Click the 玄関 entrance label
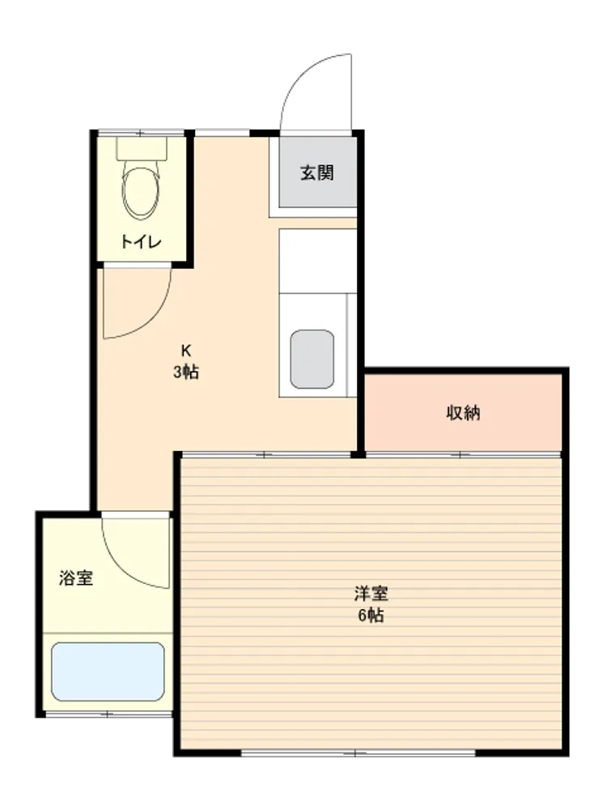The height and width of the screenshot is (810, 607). (x=317, y=173)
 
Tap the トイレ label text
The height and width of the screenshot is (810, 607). (x=141, y=241)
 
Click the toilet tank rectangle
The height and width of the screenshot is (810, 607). (x=142, y=148)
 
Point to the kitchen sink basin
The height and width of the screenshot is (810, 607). (x=312, y=359)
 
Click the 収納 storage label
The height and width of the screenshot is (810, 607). (x=463, y=413)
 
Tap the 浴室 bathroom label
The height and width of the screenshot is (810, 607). (x=76, y=578)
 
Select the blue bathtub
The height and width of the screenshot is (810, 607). (x=108, y=671)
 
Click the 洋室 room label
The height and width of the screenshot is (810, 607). (x=371, y=594)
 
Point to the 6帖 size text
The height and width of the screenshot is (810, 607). (x=371, y=616)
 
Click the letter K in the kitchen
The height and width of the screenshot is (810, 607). (x=186, y=351)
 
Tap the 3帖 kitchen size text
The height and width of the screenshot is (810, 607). (x=186, y=372)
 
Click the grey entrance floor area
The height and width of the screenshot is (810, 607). (x=318, y=172)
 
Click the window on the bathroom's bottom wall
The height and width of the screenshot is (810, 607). (x=108, y=714)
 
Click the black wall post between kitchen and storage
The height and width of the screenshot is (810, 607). (x=358, y=454)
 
